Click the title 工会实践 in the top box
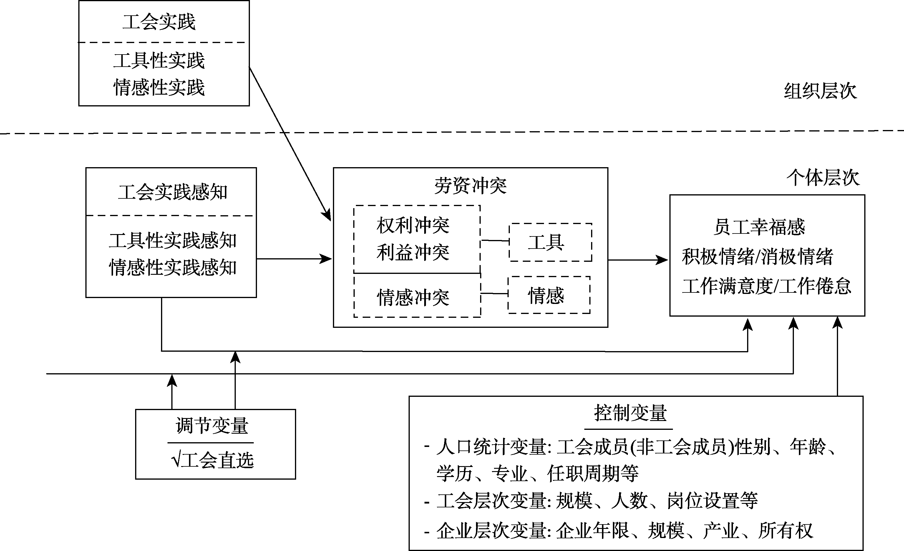coord(159,22)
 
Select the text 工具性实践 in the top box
coord(159,61)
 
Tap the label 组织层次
coord(820,91)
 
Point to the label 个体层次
coord(822,178)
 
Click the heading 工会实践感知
coord(172,193)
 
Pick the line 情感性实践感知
coord(172,267)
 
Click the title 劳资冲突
coord(470,186)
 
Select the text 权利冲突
coord(413,226)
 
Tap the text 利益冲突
coord(413,253)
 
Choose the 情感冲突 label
coord(413,297)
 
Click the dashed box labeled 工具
coord(550,242)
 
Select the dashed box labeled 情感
coord(549,295)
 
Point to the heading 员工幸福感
coord(759,227)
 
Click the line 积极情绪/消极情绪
coord(757,256)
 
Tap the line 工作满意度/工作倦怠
coord(766,286)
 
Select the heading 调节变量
coord(212,426)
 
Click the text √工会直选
coord(213,460)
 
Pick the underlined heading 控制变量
coord(630,413)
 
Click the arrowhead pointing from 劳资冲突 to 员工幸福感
coord(662,260)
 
